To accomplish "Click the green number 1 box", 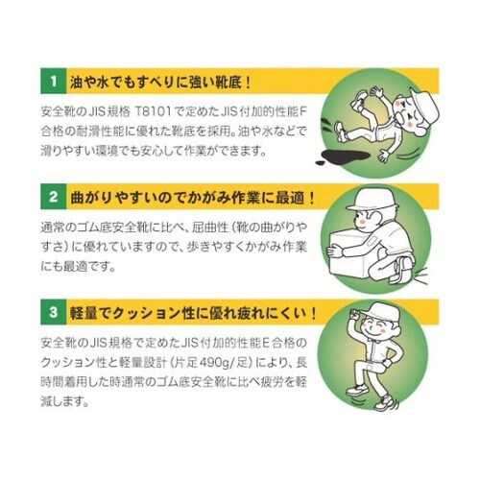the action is point(54,81).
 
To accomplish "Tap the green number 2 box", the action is point(54,197).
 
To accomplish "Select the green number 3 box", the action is point(54,312).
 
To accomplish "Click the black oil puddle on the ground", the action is point(344,157).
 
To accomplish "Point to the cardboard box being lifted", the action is point(349,253).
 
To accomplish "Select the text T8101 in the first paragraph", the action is point(154,112).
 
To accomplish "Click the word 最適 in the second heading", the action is point(291,198).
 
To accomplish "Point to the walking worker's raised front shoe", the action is point(356,390).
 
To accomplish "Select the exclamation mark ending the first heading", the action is point(248,83).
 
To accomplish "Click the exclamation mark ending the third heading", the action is point(313,313).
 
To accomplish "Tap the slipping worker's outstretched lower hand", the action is point(384,156).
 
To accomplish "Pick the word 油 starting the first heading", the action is point(77,83).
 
